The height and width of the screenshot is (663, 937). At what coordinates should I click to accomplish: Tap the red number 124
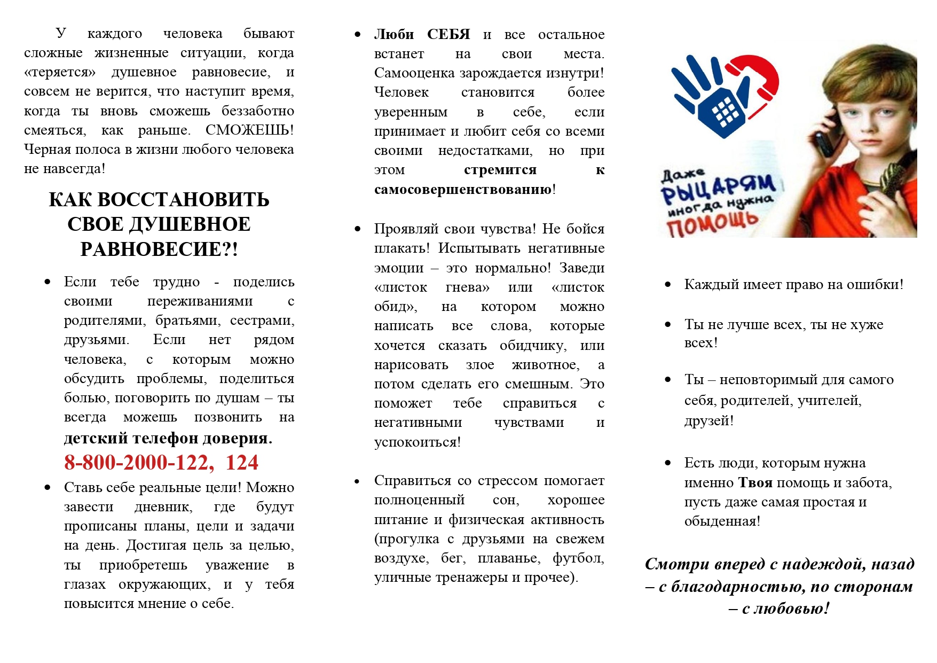[x=242, y=463]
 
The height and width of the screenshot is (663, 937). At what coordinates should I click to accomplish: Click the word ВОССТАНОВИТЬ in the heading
[x=183, y=200]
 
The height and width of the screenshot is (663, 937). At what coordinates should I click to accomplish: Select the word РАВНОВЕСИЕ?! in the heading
[x=159, y=249]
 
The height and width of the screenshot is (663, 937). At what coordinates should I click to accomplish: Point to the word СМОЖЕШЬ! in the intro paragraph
[x=249, y=130]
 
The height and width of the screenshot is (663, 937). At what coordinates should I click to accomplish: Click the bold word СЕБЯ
[x=448, y=35]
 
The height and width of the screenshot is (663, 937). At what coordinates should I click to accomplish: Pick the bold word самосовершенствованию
[x=463, y=189]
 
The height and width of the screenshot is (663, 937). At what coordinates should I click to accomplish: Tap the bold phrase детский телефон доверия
[x=168, y=438]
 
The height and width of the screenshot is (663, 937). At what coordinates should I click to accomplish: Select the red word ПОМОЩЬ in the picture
[x=713, y=223]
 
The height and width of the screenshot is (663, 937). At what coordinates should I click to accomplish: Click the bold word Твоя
[x=755, y=483]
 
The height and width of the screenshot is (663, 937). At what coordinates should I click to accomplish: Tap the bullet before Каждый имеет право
[x=668, y=285]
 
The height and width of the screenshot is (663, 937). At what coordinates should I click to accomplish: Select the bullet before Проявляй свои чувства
[x=358, y=229]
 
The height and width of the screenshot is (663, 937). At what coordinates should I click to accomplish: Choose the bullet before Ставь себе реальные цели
[x=48, y=488]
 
